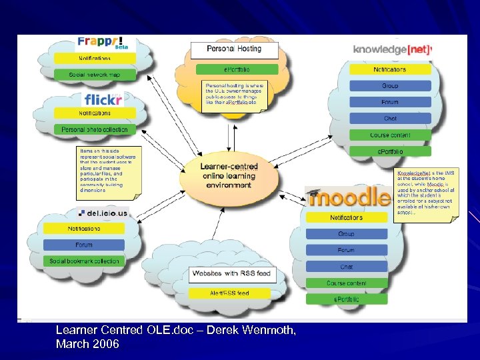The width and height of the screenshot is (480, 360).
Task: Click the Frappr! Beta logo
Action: pyautogui.click(x=103, y=44)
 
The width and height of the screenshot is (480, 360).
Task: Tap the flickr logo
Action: pyautogui.click(x=103, y=100)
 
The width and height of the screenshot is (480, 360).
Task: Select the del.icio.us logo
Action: pyautogui.click(x=103, y=214)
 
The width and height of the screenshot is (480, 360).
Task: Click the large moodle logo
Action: pyautogui.click(x=349, y=197)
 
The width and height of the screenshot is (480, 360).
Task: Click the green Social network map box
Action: pyautogui.click(x=94, y=75)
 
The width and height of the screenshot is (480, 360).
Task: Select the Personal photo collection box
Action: pyautogui.click(x=94, y=129)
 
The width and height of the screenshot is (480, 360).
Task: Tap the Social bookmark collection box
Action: pyautogui.click(x=84, y=261)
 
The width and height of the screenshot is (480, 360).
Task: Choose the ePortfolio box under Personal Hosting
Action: pyautogui.click(x=237, y=69)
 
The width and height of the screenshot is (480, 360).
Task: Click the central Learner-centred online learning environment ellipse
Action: pyautogui.click(x=229, y=175)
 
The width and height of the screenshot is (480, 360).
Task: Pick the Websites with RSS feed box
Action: pyautogui.click(x=229, y=274)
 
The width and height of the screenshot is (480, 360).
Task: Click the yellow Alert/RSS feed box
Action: pyautogui.click(x=229, y=293)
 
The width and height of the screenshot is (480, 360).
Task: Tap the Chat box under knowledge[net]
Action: pyautogui.click(x=390, y=119)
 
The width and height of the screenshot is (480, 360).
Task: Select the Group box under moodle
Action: pyautogui.click(x=346, y=234)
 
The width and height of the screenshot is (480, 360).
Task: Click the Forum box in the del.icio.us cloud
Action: pyautogui.click(x=84, y=245)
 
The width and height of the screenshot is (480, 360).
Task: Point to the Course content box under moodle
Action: pyautogui.click(x=346, y=283)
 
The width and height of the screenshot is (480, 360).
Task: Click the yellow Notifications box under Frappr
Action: pyautogui.click(x=94, y=59)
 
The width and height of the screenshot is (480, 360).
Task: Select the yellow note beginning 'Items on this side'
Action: pyautogui.click(x=106, y=171)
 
